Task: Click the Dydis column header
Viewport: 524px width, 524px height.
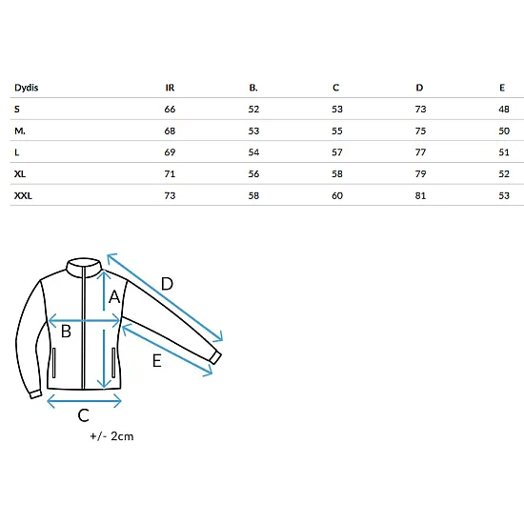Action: tap(26, 88)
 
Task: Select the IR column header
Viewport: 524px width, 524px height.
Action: tap(170, 88)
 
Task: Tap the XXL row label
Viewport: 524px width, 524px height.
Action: tap(23, 195)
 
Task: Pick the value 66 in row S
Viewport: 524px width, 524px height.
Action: tap(170, 109)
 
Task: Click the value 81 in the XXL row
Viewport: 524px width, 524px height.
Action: tap(420, 195)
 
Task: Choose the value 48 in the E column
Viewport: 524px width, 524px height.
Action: tap(504, 109)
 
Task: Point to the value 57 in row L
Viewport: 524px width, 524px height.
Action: tap(337, 152)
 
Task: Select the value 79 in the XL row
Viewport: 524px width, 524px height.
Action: tap(420, 173)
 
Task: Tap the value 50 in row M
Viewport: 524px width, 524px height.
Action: tap(504, 131)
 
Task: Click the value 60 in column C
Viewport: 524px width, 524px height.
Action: tap(337, 195)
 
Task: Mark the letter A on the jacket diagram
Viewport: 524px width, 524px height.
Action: tap(114, 296)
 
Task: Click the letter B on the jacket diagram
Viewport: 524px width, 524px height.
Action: tap(66, 332)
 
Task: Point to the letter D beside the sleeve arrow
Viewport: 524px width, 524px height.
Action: tap(167, 284)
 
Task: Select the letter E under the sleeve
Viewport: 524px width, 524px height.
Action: tap(157, 361)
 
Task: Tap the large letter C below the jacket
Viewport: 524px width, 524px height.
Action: tap(84, 415)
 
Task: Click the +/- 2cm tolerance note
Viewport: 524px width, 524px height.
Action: tap(111, 436)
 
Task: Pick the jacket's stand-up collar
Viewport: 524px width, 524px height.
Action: tap(84, 267)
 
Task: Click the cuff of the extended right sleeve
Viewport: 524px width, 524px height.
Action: tap(215, 358)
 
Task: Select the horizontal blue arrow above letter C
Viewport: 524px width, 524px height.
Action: tap(84, 401)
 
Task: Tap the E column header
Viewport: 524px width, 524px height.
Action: tap(502, 88)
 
